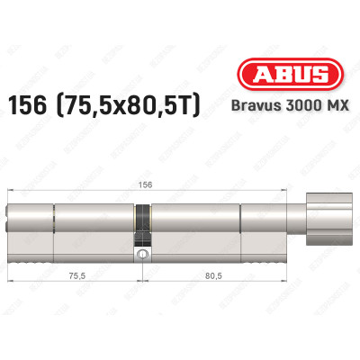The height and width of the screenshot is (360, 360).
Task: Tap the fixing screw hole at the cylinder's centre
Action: click(141, 256)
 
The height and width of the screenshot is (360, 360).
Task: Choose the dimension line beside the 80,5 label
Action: click(243, 283)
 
